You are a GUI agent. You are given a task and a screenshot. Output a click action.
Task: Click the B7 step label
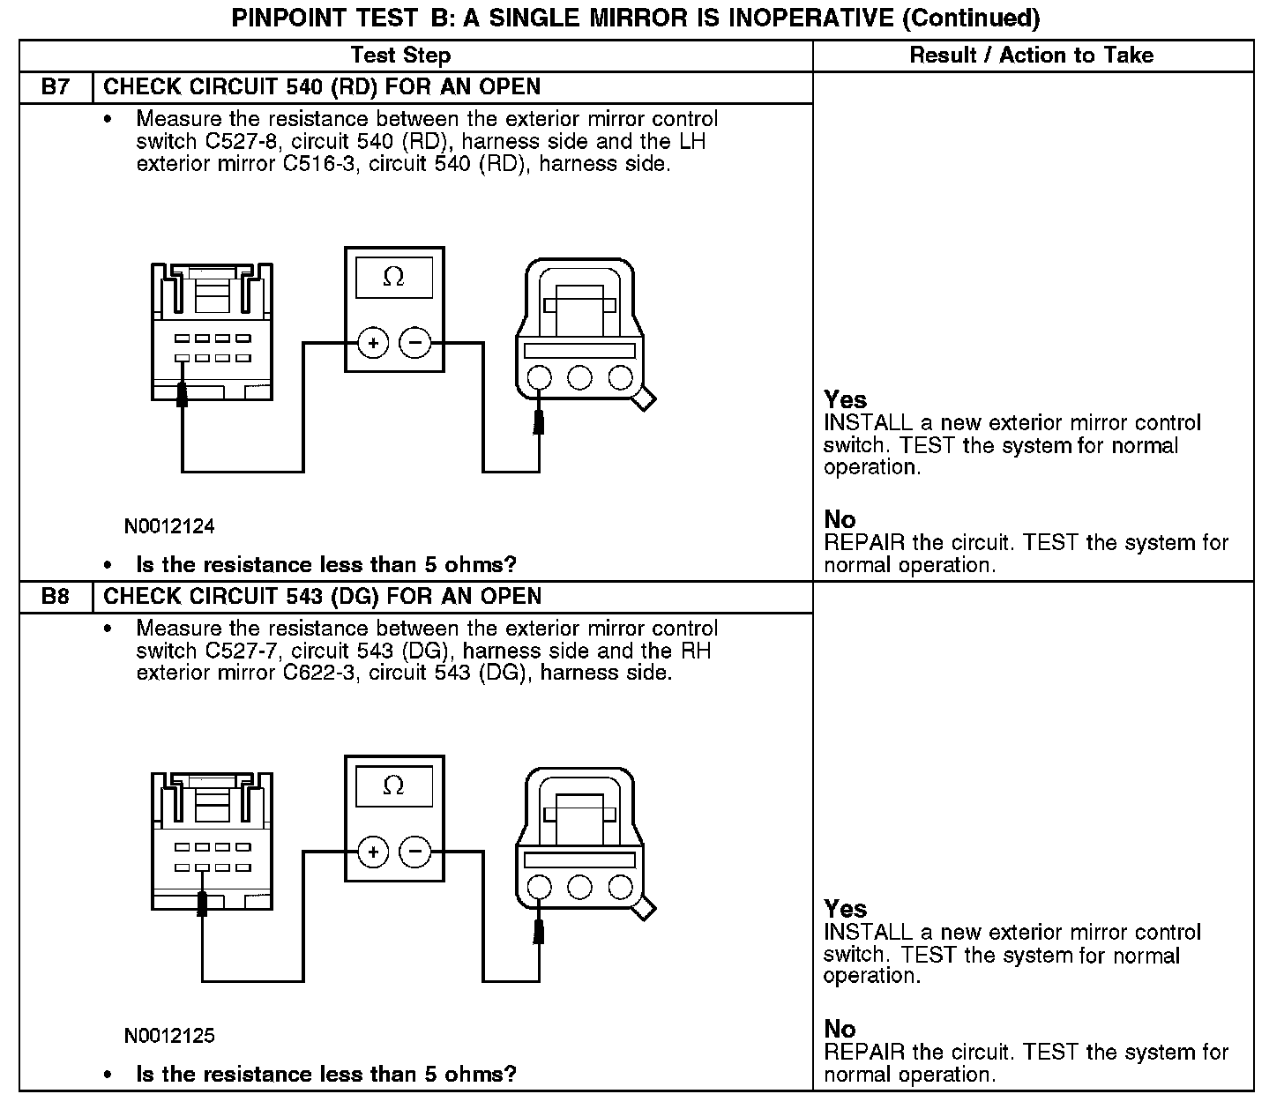click(x=55, y=87)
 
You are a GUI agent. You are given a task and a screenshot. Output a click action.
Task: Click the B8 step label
click(x=55, y=597)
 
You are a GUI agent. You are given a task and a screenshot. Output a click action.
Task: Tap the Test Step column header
click(x=400, y=56)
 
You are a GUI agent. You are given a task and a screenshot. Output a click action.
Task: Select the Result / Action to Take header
click(x=1031, y=56)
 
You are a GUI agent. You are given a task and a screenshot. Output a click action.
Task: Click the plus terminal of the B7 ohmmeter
click(x=373, y=343)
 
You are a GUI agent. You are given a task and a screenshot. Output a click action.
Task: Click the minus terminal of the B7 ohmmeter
click(x=415, y=343)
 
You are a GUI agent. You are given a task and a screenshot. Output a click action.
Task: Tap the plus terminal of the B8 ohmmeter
click(x=373, y=852)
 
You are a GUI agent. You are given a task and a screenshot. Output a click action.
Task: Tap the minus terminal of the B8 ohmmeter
click(x=415, y=852)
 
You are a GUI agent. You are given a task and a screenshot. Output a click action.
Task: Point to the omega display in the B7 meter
click(x=394, y=278)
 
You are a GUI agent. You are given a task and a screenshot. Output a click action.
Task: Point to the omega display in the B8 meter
click(x=394, y=786)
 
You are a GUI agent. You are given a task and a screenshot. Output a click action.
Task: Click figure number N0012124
click(x=169, y=527)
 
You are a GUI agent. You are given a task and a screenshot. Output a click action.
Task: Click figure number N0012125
click(x=169, y=1036)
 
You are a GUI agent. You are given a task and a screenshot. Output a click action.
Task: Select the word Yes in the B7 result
click(x=845, y=399)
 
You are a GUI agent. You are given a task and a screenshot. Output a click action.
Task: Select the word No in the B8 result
click(x=840, y=1029)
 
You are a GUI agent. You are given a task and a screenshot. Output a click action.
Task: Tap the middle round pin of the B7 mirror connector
click(x=579, y=377)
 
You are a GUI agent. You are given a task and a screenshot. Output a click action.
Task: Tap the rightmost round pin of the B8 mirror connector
click(x=621, y=886)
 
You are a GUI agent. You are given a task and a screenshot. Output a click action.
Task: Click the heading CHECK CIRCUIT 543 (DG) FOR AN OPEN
click(x=322, y=597)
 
